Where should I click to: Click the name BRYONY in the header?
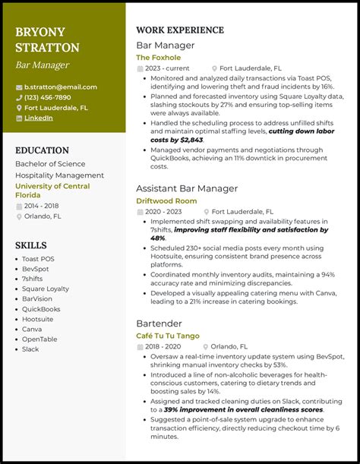[40, 32]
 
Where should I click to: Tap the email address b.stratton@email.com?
[60, 87]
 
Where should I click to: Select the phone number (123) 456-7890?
[47, 97]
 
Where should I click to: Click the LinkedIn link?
[38, 118]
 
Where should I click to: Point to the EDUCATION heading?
[42, 150]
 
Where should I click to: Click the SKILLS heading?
[31, 245]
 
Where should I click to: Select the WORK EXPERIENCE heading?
[179, 30]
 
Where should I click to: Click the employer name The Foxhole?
[158, 57]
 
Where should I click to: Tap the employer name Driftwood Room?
[166, 200]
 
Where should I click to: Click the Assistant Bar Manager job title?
[187, 188]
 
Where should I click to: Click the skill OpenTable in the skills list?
[39, 339]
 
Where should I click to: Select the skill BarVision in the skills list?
[38, 298]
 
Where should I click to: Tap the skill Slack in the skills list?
[31, 349]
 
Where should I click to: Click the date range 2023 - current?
[167, 68]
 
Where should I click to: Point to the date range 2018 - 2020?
[164, 346]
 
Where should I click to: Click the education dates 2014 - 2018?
[43, 205]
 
